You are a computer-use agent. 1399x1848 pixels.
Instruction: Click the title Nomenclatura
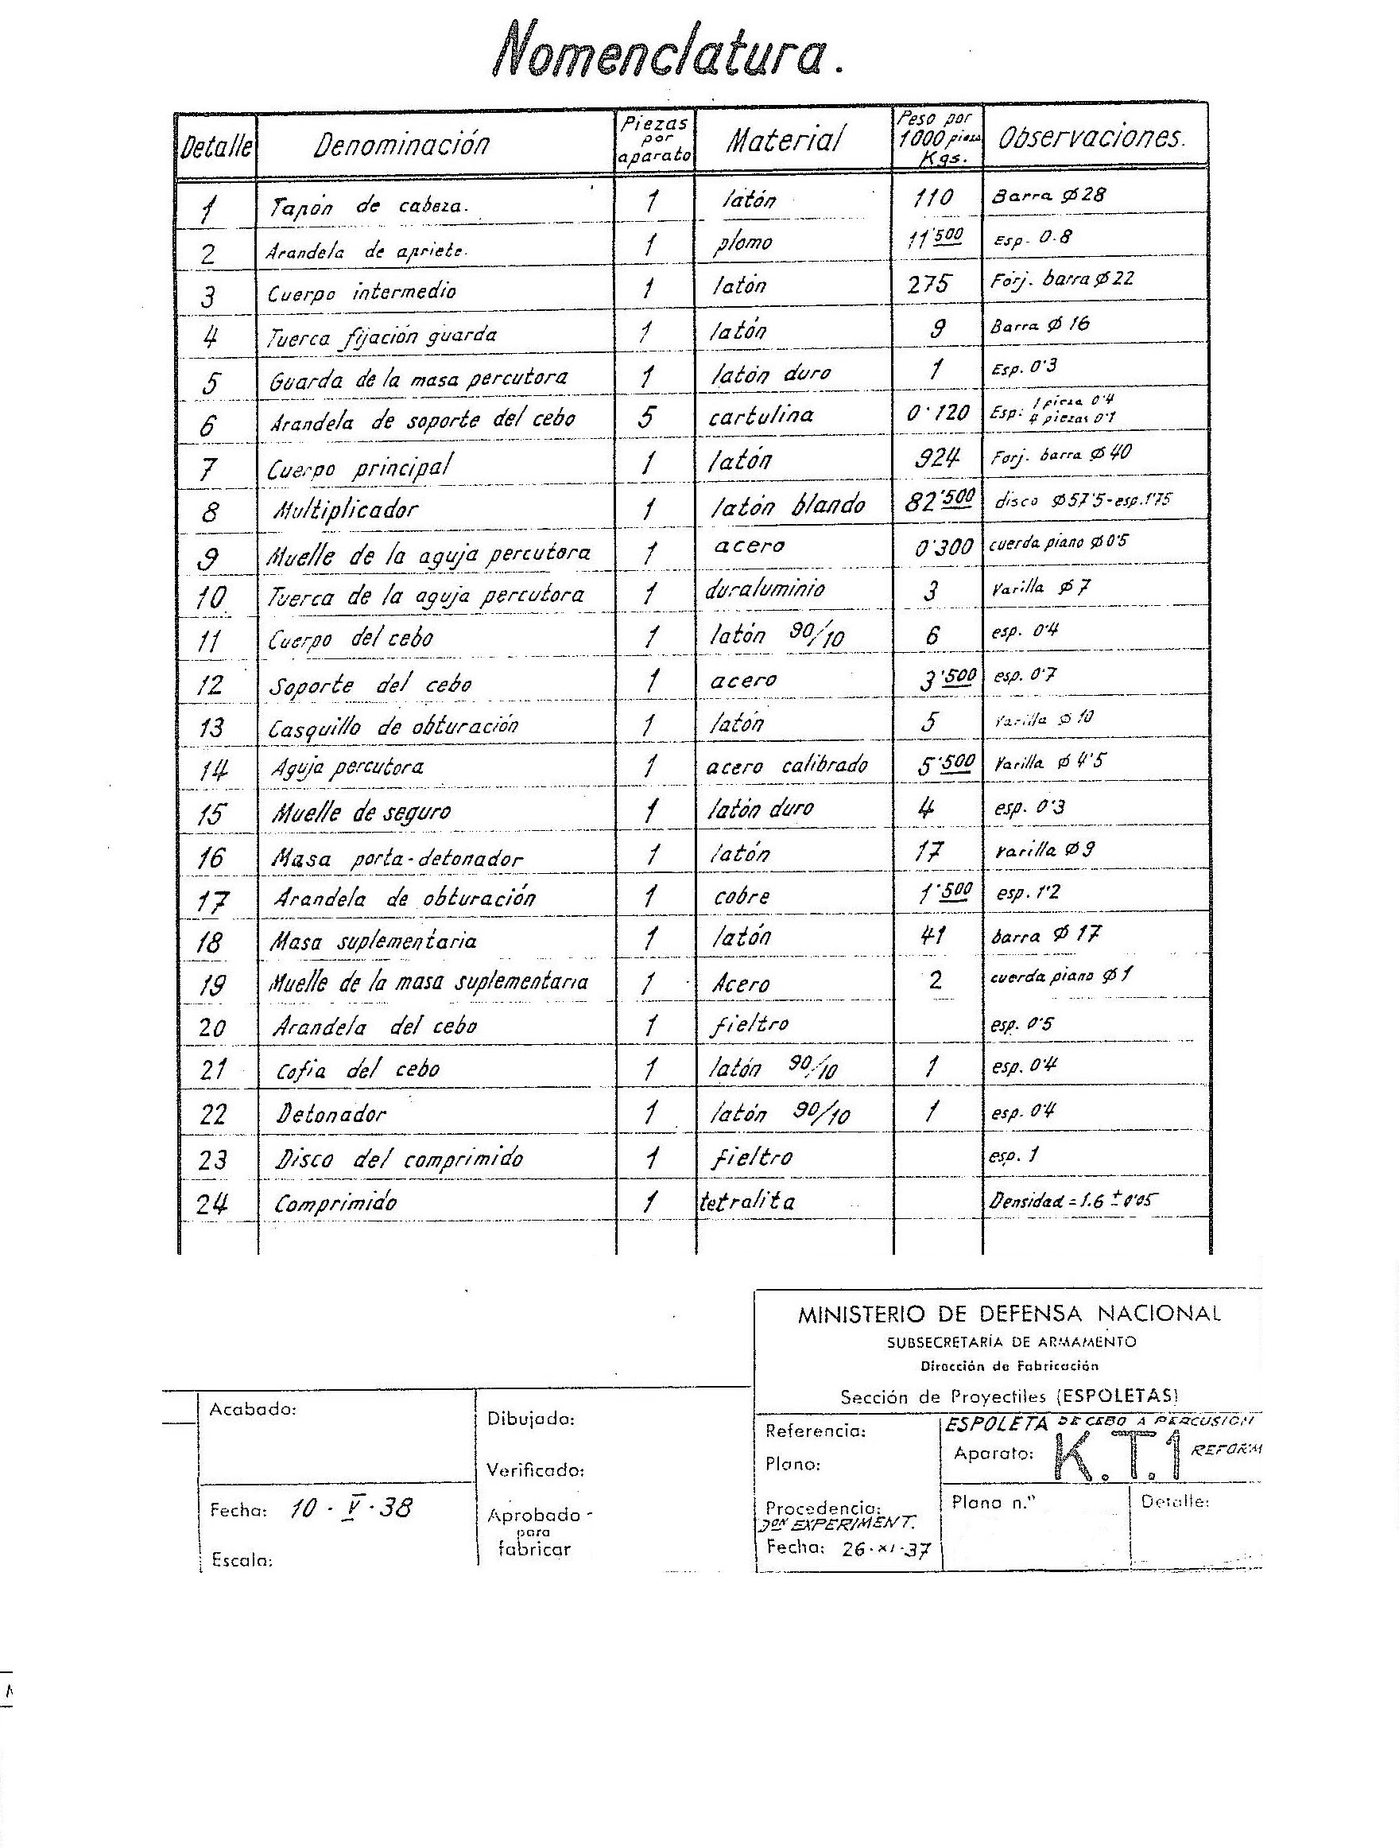click(x=665, y=56)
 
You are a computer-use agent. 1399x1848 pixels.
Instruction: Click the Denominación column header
click(x=401, y=145)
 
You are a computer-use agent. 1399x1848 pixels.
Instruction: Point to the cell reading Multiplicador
click(x=346, y=509)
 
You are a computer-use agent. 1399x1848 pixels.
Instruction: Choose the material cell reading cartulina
click(x=760, y=415)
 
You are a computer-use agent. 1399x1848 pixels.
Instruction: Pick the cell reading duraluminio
click(x=764, y=588)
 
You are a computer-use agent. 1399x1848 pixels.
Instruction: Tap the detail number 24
click(x=212, y=1203)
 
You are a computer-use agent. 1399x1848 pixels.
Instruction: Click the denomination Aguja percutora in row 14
click(x=347, y=767)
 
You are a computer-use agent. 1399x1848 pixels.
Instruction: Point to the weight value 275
click(x=928, y=285)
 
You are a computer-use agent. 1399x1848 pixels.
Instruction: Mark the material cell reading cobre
click(x=741, y=896)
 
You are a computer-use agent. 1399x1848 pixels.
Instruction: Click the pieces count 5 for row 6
click(x=646, y=416)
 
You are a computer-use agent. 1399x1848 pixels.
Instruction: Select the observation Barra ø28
click(x=1048, y=196)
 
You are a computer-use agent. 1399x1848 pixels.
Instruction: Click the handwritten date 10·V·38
click(x=351, y=1507)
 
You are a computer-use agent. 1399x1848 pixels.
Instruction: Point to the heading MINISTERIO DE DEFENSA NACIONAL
click(x=1009, y=1314)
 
